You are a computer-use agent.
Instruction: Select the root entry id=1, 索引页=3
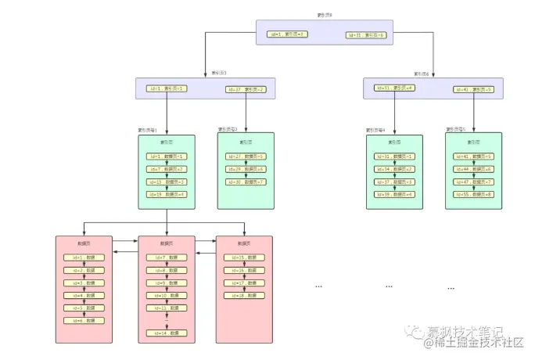click(285, 35)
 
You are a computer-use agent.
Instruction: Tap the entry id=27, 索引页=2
click(246, 89)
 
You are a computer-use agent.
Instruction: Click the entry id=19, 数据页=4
click(167, 194)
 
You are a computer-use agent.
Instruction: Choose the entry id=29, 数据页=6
click(246, 169)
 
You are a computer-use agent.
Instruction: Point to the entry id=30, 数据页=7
click(246, 182)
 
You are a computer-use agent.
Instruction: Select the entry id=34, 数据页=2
click(394, 169)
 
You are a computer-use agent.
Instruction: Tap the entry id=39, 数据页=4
click(394, 194)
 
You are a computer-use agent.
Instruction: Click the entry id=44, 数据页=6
click(474, 169)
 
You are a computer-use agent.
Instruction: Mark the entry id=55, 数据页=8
click(474, 194)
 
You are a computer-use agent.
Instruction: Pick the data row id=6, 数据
click(84, 321)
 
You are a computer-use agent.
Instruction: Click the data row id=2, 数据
click(84, 271)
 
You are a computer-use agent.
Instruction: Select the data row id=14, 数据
click(166, 333)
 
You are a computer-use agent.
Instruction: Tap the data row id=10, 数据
click(166, 296)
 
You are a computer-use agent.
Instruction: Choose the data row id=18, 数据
click(243, 296)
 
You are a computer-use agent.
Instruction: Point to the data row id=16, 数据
click(243, 271)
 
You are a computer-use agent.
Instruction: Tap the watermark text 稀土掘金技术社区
click(478, 343)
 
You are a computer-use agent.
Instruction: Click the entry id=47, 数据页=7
click(474, 182)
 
